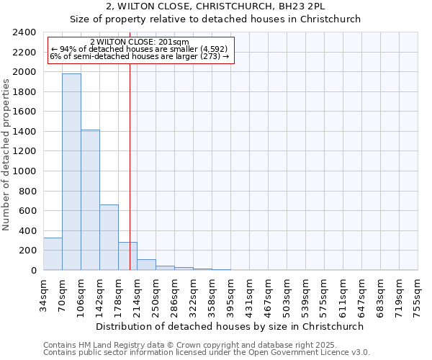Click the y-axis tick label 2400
coord(24,32)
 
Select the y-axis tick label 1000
coord(24,171)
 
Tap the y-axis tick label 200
coord(27,251)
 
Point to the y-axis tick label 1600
coord(24,112)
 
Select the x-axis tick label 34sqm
coord(43,294)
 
